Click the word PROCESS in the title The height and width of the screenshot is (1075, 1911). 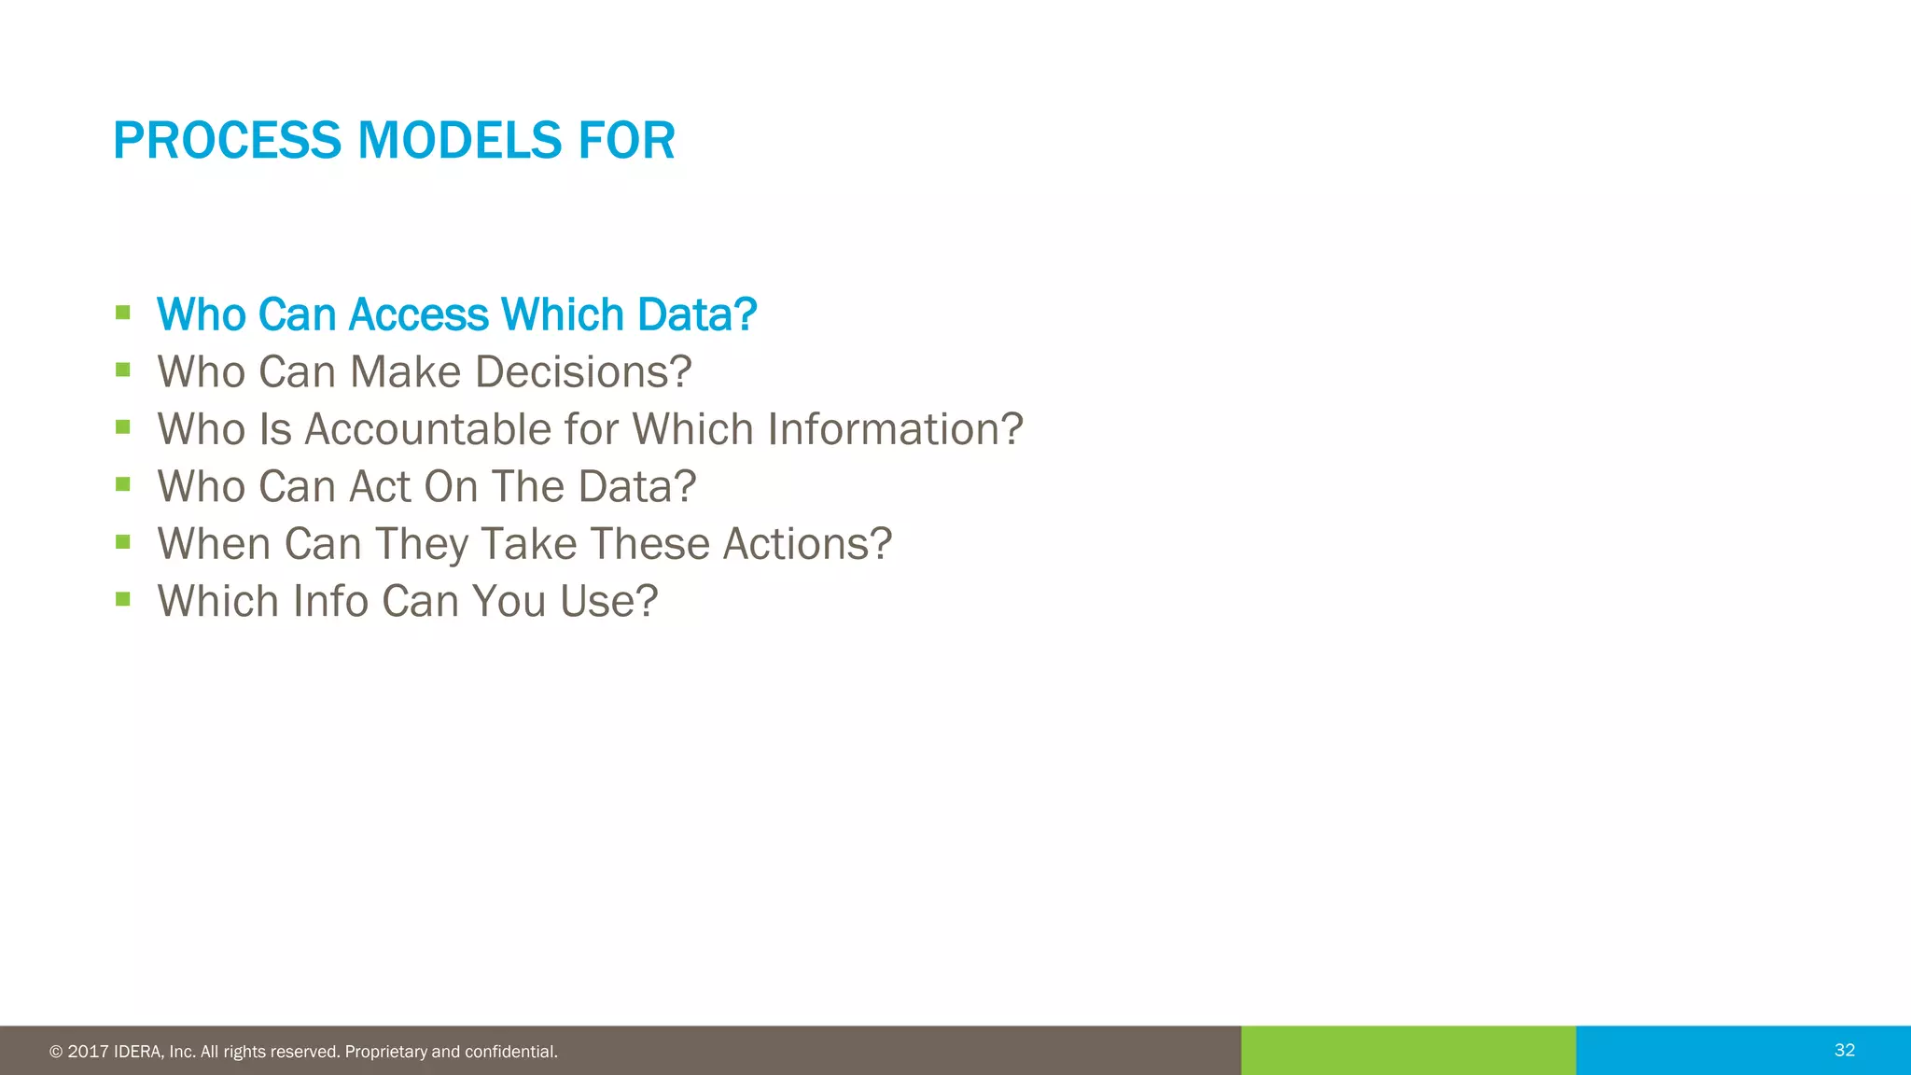pos(227,141)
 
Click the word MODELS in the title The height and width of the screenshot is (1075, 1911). pos(459,141)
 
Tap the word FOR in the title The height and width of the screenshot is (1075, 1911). pos(626,141)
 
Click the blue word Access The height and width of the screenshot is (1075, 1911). pos(418,314)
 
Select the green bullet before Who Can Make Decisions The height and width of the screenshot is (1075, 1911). pos(123,370)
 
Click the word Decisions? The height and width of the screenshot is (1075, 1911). pos(583,371)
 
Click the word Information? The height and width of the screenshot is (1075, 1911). pos(895,429)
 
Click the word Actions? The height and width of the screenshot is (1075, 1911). pos(807,544)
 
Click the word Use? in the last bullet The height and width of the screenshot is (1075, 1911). pos(608,601)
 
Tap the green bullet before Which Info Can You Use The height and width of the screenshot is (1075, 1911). pos(123,599)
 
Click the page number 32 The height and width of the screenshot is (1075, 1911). pos(1844,1050)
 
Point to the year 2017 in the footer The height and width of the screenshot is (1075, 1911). pos(88,1052)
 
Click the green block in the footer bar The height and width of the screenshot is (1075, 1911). pos(1407,1050)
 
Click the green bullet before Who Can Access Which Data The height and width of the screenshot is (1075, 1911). pos(123,313)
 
